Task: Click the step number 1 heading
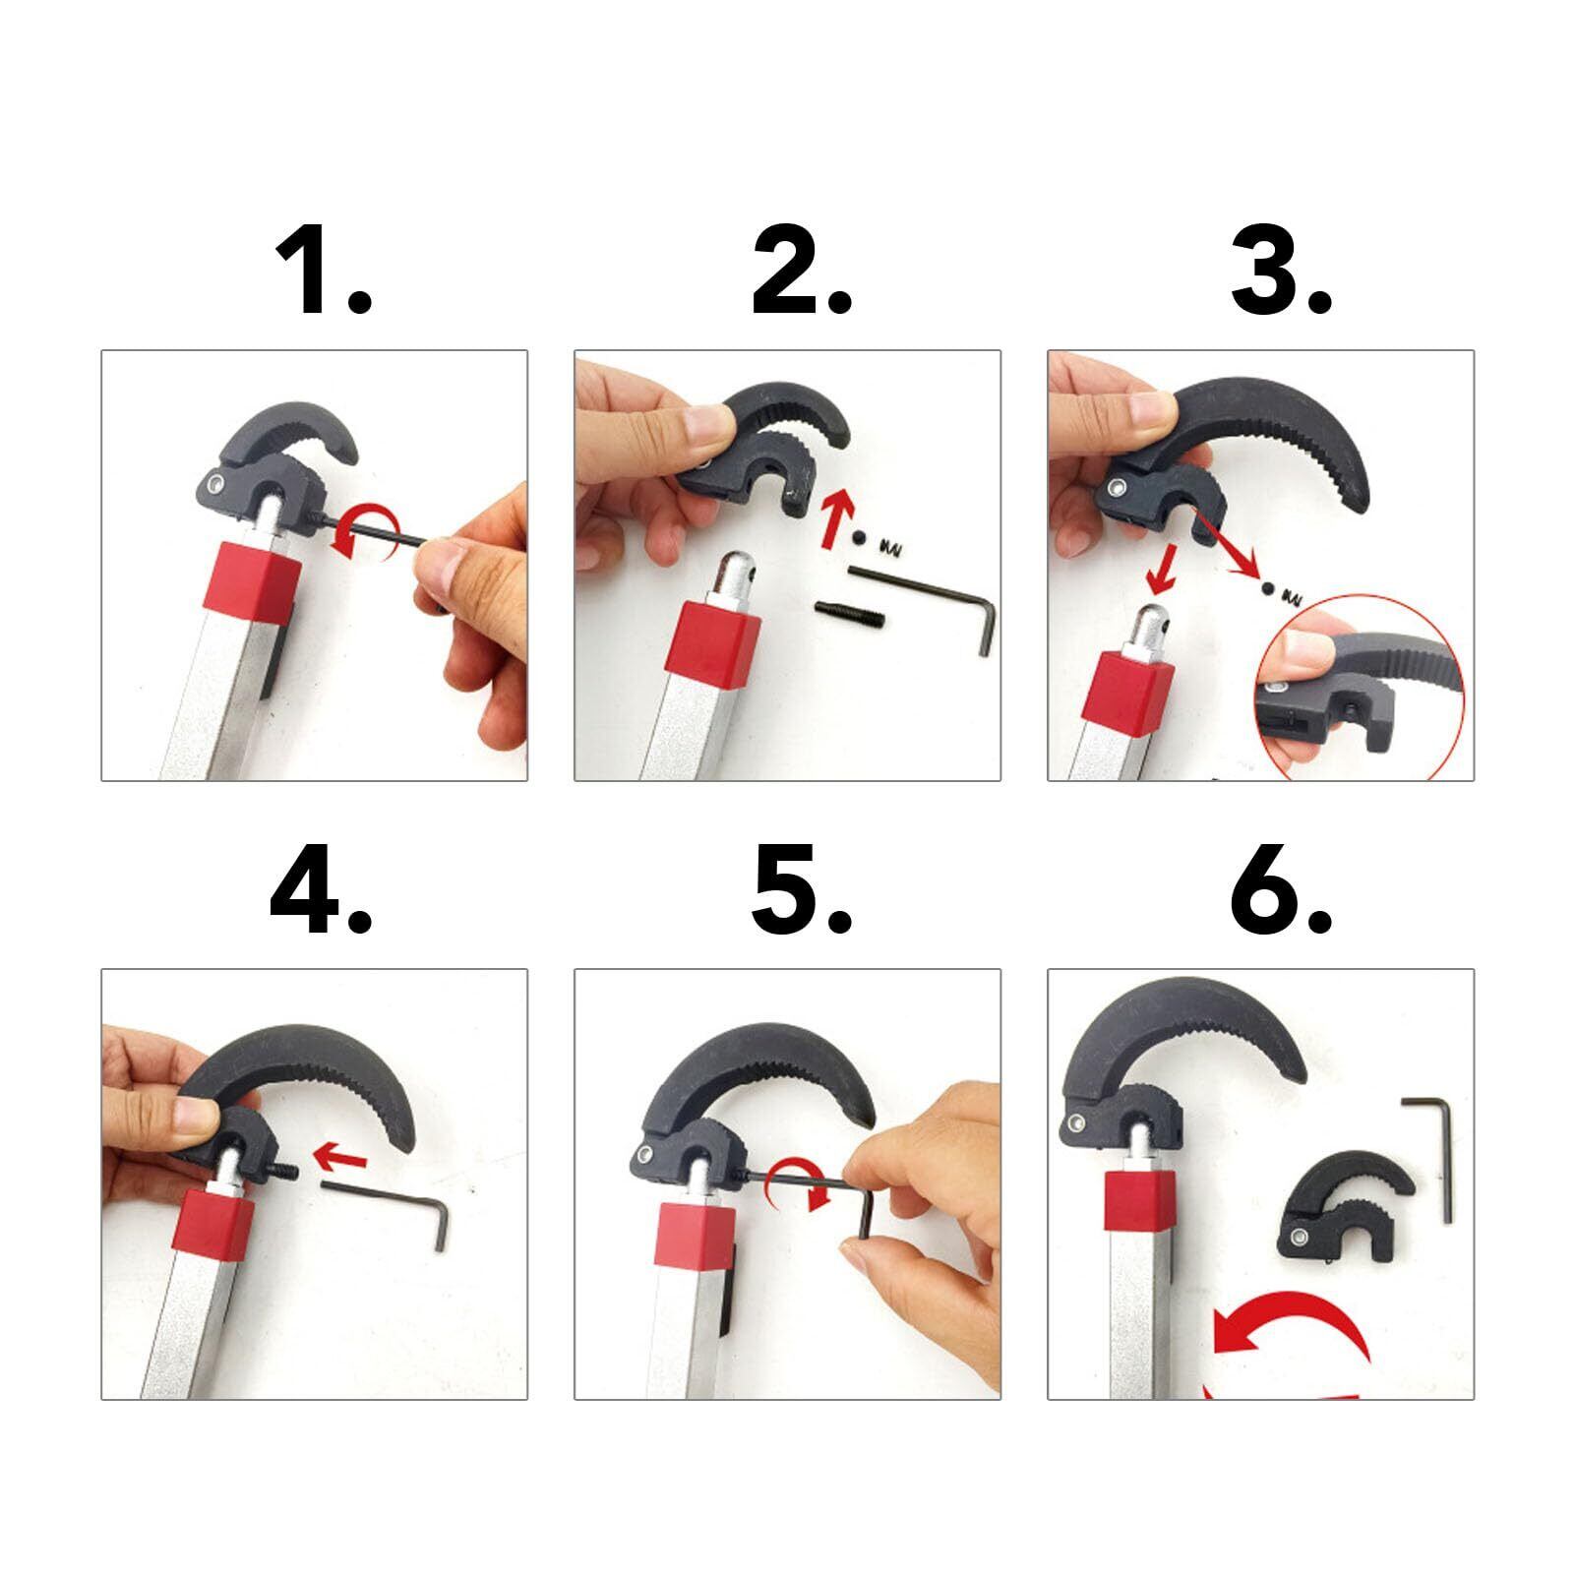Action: click(x=323, y=270)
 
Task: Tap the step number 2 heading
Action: click(x=801, y=270)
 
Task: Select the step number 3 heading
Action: click(x=1281, y=270)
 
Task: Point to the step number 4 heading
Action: click(x=321, y=889)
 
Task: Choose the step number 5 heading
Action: click(x=801, y=889)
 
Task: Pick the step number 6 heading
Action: click(x=1281, y=889)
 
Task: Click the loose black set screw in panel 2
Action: click(x=850, y=617)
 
